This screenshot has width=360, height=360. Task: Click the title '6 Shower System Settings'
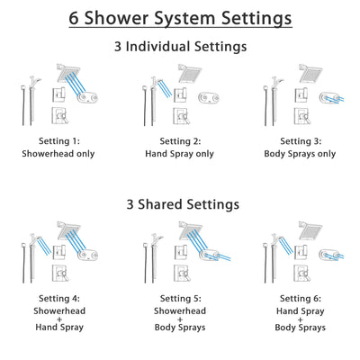180,18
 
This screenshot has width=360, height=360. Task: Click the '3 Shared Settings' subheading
180,204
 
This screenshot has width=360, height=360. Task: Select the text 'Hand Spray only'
180,154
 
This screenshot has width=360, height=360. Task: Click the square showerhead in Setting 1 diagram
68,71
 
